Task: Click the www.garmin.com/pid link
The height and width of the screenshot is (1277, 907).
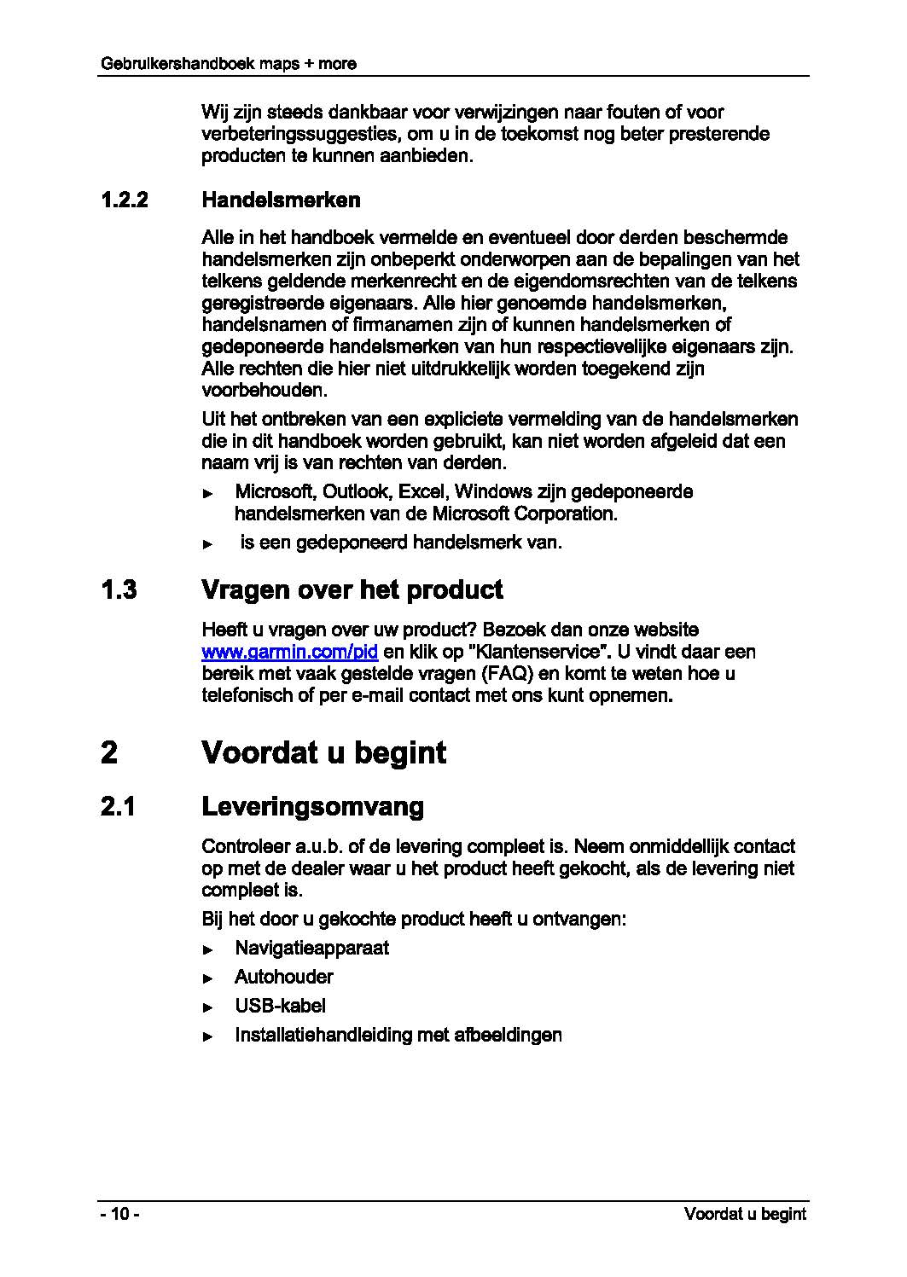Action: point(290,653)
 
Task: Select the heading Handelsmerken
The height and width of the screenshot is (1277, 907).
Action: point(281,200)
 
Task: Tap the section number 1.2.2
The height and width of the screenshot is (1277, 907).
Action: point(124,200)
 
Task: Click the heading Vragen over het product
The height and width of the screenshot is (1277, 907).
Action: point(352,589)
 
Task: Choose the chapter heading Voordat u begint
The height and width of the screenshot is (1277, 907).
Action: point(323,752)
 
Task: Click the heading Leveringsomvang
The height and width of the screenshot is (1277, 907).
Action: point(312,807)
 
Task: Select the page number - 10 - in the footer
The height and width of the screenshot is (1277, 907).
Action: point(119,1214)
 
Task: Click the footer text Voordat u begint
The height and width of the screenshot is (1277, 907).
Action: point(744,1214)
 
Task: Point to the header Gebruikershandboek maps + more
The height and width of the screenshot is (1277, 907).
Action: point(228,63)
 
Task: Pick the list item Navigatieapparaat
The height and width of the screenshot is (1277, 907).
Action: point(311,948)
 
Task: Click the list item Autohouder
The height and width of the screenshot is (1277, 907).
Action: point(283,977)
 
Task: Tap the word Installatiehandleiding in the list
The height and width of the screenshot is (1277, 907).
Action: point(323,1035)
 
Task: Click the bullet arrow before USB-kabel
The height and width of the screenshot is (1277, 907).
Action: point(207,1007)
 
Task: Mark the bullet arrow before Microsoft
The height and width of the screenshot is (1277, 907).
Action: point(207,494)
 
